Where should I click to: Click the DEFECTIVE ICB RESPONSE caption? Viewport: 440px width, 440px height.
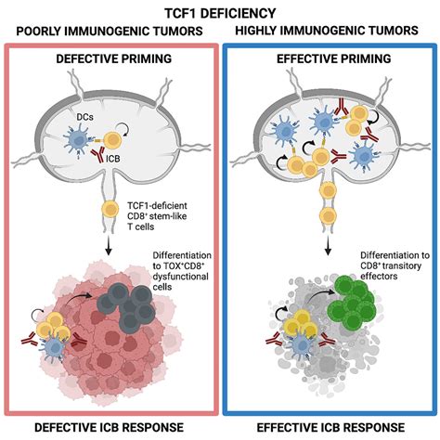(110, 427)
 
